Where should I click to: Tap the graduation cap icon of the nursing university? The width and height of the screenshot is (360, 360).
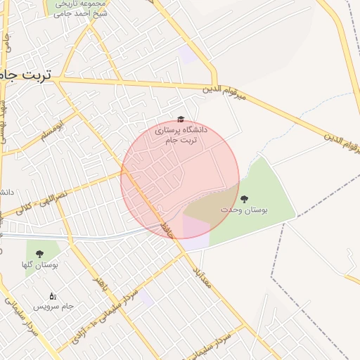pyautogui.click(x=181, y=120)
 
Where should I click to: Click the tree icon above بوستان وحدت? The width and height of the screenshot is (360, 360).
pyautogui.click(x=245, y=200)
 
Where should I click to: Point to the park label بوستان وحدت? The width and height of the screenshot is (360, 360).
pyautogui.click(x=238, y=210)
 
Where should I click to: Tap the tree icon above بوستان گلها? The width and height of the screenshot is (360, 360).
pyautogui.click(x=39, y=254)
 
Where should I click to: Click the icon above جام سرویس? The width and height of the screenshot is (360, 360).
pyautogui.click(x=53, y=297)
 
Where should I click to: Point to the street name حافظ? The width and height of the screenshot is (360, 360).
pyautogui.click(x=167, y=229)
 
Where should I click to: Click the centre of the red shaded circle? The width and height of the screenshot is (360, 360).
pyautogui.click(x=180, y=179)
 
